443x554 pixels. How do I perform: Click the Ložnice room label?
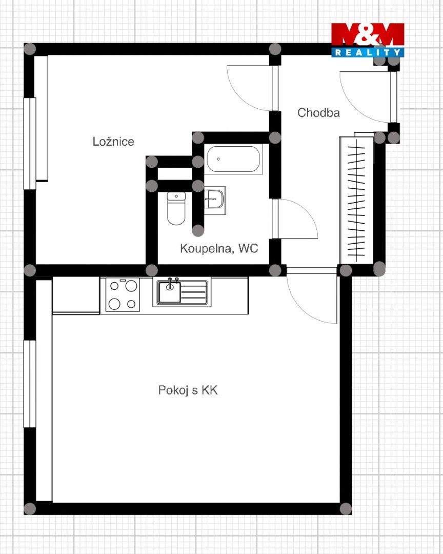click(113, 142)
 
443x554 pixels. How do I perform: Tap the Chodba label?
click(318, 112)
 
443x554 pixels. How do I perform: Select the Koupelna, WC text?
click(219, 248)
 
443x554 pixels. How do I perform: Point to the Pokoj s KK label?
click(188, 390)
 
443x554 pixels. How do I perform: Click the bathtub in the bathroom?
click(233, 159)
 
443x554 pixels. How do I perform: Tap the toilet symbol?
click(176, 208)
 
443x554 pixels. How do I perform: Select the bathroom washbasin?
click(214, 201)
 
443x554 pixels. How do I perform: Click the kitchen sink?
click(182, 292)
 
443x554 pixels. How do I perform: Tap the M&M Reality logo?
click(368, 40)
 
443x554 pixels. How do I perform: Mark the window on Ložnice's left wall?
click(30, 144)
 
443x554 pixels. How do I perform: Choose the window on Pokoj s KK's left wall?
click(30, 384)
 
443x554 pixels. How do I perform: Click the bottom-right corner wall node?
click(346, 509)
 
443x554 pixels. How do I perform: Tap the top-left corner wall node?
click(30, 49)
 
